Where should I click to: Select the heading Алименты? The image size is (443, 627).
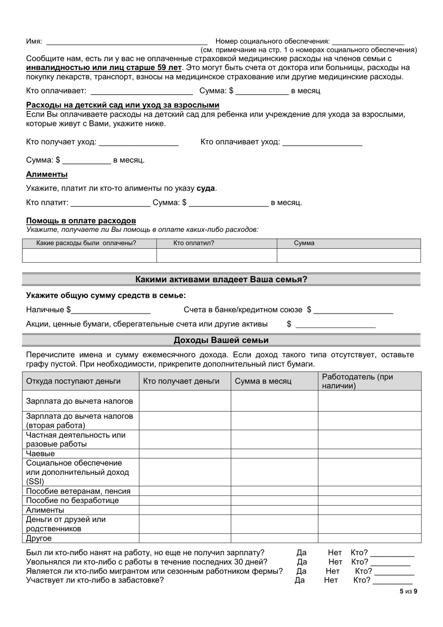pyautogui.click(x=47, y=174)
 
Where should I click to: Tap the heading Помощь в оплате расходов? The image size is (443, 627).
pyautogui.click(x=81, y=221)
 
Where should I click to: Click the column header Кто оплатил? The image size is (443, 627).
pyautogui.click(x=194, y=243)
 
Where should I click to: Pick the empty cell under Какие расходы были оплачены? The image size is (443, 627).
pyautogui.click(x=89, y=255)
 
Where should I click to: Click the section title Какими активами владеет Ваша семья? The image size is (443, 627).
pyautogui.click(x=221, y=279)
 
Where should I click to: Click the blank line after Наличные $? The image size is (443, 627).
pyautogui.click(x=111, y=310)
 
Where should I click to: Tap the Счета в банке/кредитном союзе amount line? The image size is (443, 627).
pyautogui.click(x=354, y=310)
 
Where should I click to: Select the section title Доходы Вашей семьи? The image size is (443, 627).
pyautogui.click(x=221, y=340)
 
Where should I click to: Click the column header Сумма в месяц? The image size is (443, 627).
pyautogui.click(x=263, y=381)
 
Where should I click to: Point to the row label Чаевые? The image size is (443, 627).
pyautogui.click(x=41, y=453)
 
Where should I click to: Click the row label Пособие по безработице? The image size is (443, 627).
pyautogui.click(x=72, y=501)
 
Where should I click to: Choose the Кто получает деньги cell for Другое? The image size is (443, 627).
pyautogui.click(x=185, y=538)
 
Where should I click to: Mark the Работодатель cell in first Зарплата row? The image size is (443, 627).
pyautogui.click(x=369, y=401)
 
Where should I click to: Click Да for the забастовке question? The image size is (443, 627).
pyautogui.click(x=299, y=580)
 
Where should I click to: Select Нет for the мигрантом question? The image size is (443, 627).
pyautogui.click(x=332, y=571)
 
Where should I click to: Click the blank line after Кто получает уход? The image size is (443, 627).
pyautogui.click(x=139, y=142)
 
